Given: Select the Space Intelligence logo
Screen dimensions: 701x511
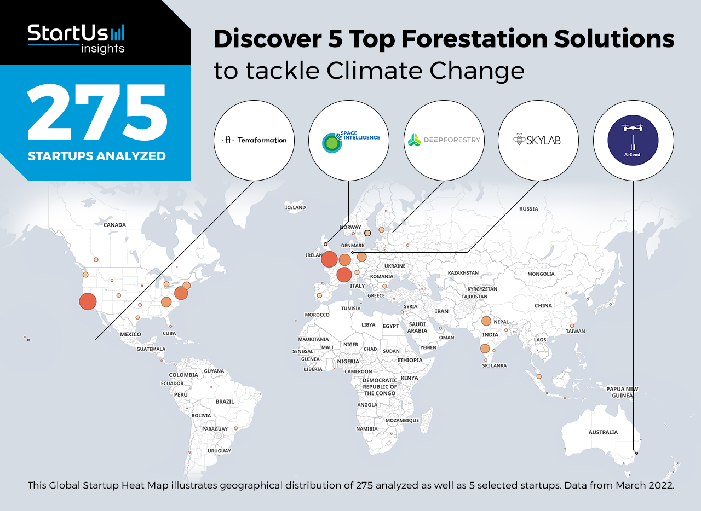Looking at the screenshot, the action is tap(351, 142).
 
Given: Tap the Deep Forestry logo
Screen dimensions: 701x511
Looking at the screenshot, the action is tap(444, 140).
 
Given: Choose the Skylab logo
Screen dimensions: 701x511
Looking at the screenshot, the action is tap(537, 140).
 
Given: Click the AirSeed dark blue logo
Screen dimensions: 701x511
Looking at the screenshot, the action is tap(633, 140).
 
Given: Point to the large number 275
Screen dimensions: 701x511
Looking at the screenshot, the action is tap(97, 112).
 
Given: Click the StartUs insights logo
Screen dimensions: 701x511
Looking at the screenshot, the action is tap(76, 38).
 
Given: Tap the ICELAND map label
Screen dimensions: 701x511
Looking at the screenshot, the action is tap(295, 207).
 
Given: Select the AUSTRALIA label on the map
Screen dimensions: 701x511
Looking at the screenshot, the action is tap(603, 432).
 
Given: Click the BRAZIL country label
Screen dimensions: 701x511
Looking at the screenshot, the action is tap(225, 402).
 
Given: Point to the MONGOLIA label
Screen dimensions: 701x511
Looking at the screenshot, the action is tap(541, 274).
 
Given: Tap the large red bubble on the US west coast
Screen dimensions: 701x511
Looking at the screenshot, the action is tap(88, 301).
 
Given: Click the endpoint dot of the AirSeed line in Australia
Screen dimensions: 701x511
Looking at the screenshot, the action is tap(636, 453).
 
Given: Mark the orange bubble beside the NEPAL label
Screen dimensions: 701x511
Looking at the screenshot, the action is tap(486, 321).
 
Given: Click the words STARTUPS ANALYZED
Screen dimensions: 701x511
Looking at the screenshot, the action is tap(97, 156).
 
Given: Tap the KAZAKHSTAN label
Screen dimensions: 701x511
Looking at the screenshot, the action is tap(463, 273).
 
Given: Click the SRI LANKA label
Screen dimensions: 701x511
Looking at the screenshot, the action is tap(494, 365).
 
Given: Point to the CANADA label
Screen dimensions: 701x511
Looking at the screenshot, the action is tap(114, 225).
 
